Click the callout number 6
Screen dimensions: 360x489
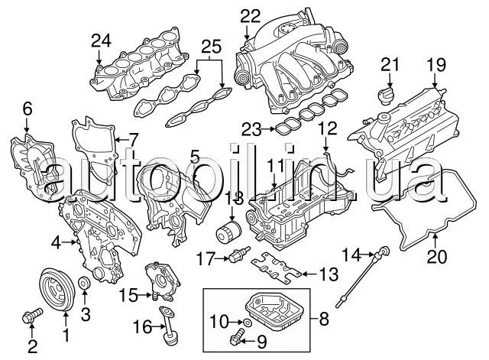tap(28, 109)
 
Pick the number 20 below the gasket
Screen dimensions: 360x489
tap(436, 257)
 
